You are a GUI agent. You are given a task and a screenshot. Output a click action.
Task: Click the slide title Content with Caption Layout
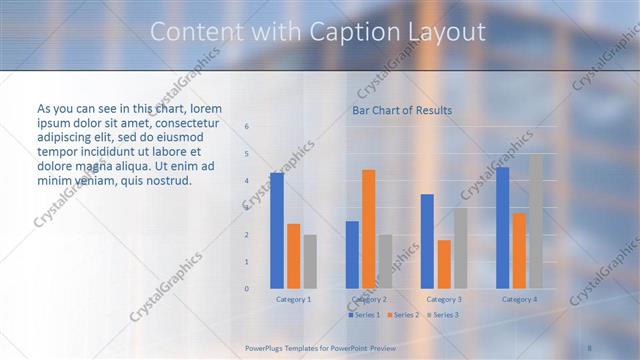[x=318, y=32]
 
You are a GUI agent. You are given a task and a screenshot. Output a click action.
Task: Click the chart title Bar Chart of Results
[x=401, y=110]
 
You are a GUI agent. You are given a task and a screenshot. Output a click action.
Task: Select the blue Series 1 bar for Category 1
[x=277, y=230]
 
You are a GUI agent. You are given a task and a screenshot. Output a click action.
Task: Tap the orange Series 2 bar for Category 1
[x=293, y=256]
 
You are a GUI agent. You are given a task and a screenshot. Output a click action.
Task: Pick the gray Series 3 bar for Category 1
[x=310, y=261]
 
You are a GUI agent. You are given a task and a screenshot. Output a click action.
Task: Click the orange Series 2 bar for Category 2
[x=368, y=229]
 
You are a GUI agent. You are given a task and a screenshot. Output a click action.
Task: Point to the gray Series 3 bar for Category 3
[x=460, y=248]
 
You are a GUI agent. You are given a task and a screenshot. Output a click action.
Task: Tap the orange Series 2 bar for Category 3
[x=444, y=264]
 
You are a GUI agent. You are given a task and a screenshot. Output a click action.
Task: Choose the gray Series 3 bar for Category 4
[x=536, y=221]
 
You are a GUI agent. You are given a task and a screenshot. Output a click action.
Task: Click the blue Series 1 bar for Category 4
[x=502, y=228]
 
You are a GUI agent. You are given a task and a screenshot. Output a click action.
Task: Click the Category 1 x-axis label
[x=293, y=299]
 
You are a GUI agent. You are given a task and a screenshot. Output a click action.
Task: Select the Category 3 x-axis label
[x=444, y=299]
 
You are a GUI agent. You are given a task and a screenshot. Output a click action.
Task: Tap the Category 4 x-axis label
[x=519, y=299]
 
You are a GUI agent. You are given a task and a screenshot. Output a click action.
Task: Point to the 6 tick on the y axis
[x=247, y=127]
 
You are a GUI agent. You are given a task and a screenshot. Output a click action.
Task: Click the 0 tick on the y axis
[x=247, y=289]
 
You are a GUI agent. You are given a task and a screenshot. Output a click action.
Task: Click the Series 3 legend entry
[x=444, y=315]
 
